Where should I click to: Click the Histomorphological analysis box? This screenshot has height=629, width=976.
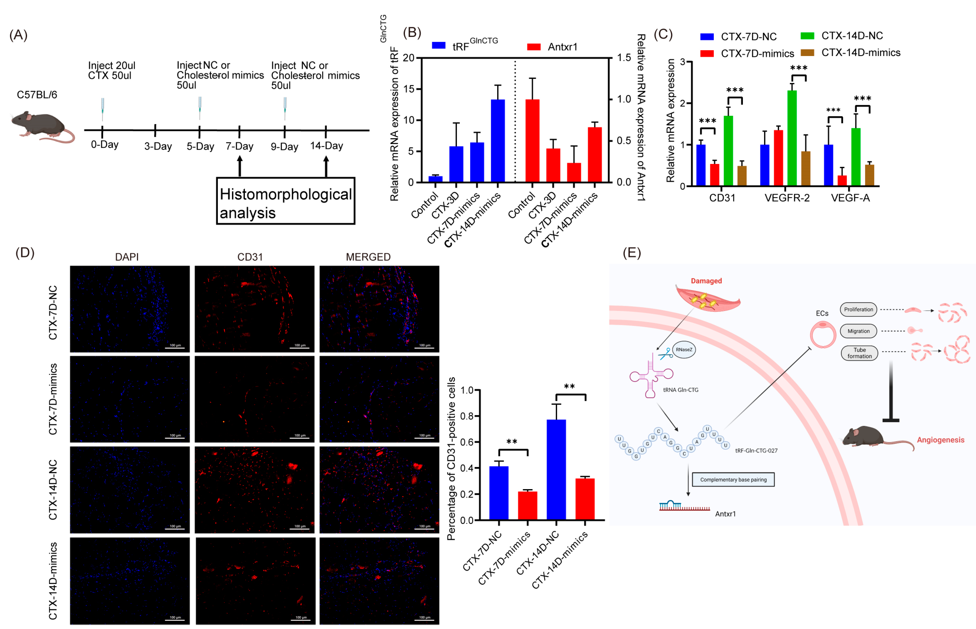click(285, 201)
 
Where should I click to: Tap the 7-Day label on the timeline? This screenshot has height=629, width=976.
click(239, 146)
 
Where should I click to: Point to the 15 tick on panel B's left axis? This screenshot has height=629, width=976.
click(409, 89)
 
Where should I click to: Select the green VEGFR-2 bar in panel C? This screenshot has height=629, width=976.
click(792, 138)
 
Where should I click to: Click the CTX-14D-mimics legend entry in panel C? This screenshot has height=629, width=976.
click(860, 53)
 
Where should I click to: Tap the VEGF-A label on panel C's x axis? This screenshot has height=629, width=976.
click(850, 198)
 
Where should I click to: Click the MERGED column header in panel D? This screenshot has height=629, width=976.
click(368, 257)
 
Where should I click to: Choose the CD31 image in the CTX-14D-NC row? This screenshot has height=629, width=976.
click(254, 489)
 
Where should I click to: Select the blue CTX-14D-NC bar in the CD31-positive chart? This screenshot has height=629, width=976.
click(556, 470)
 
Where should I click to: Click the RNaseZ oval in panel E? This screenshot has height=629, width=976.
click(684, 350)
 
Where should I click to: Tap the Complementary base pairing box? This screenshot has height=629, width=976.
click(733, 480)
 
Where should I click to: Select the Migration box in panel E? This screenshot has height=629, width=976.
click(858, 331)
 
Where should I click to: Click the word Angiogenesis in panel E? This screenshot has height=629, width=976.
click(940, 440)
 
